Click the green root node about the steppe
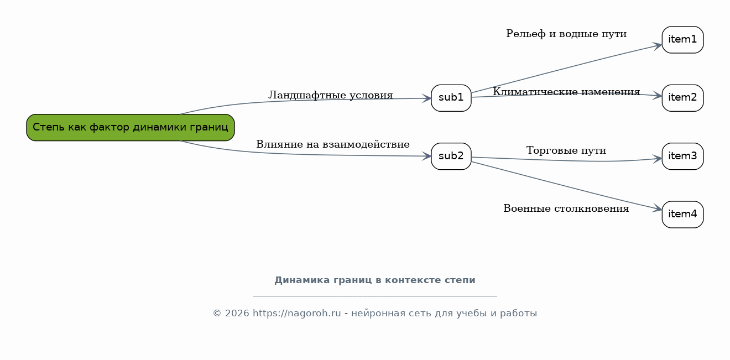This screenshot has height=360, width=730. click(131, 127)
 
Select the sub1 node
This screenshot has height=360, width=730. click(451, 98)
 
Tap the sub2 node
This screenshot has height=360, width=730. click(451, 156)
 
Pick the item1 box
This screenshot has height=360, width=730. click(682, 40)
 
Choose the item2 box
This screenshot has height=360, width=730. click(682, 98)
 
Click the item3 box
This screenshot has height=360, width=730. click(682, 156)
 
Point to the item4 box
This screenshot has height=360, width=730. click(682, 215)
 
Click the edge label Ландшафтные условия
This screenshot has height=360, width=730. click(331, 95)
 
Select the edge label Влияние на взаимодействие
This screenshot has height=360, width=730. click(333, 144)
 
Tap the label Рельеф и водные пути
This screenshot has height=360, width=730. click(566, 34)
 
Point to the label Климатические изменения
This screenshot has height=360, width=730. click(566, 92)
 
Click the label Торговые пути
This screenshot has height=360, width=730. click(566, 150)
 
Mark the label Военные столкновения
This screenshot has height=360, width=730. click(566, 208)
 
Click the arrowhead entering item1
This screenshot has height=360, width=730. click(657, 46)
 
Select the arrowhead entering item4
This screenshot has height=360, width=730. click(657, 208)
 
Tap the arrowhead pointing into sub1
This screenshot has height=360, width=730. click(426, 98)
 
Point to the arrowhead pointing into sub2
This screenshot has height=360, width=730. click(426, 156)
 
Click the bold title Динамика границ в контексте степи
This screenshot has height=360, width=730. click(375, 280)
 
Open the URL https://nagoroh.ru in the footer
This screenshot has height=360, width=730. click(296, 314)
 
